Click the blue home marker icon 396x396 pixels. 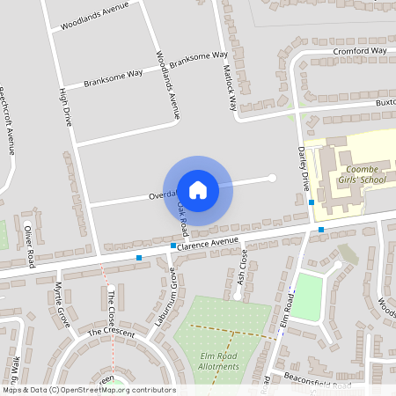point(198,189)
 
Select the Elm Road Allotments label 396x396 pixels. point(220,361)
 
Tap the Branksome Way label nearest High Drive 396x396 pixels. point(114,80)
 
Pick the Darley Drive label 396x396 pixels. point(304,169)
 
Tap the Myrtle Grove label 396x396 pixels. point(62,304)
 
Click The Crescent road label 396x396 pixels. point(111,333)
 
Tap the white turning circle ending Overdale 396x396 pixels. point(272,178)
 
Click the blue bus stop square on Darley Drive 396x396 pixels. point(312,202)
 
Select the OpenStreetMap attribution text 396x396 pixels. point(88,390)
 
